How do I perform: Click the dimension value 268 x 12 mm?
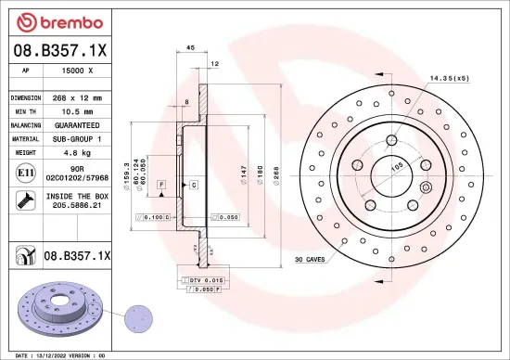coord(77,96)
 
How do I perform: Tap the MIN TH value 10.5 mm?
coord(76,109)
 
